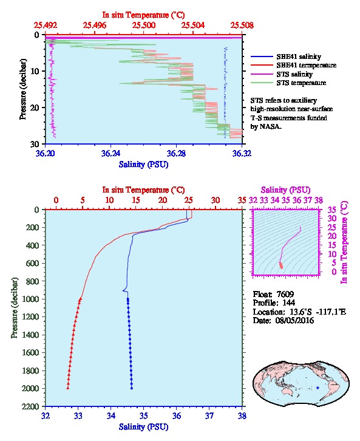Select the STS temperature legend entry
[x=288, y=83]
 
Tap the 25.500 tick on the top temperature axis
[x=144, y=26]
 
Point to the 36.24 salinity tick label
[x=110, y=153]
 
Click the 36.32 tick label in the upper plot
[x=242, y=153]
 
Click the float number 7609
[x=285, y=294]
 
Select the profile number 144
[x=288, y=303]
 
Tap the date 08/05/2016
[x=294, y=320]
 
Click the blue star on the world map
[x=318, y=388]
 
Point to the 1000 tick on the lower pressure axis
[x=32, y=299]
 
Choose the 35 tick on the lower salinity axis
[x=144, y=415]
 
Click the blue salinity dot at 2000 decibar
[x=132, y=388]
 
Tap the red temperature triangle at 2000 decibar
[x=68, y=388]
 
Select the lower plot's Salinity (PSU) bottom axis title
[x=144, y=427]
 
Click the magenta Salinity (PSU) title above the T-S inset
[x=285, y=190]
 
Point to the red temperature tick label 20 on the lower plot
[x=163, y=200]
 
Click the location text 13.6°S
[x=301, y=312]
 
